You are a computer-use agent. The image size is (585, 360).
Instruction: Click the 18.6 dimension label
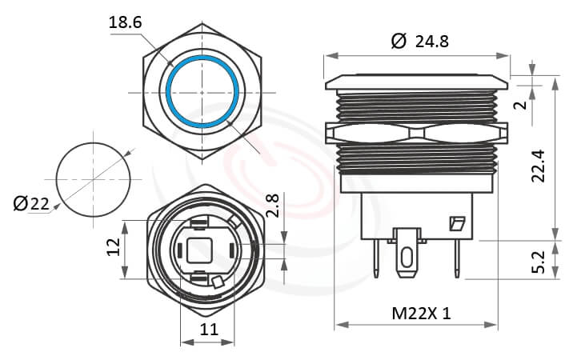click(125, 22)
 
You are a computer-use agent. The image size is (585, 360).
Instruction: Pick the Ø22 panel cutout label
click(31, 205)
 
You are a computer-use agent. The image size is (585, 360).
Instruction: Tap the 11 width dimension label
click(208, 329)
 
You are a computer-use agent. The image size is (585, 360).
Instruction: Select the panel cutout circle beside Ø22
click(93, 179)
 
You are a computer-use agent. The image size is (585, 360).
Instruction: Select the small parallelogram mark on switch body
click(457, 224)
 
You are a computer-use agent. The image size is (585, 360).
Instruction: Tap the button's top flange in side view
click(416, 82)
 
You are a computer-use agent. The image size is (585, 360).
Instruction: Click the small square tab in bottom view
click(218, 281)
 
